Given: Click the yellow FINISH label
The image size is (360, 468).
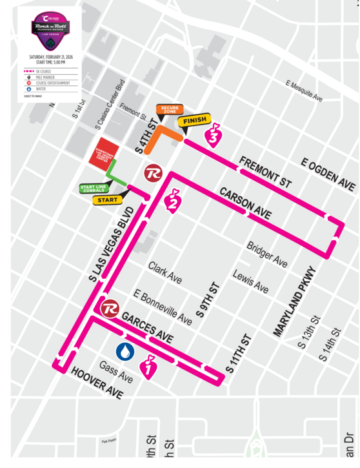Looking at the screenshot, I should click(195, 121).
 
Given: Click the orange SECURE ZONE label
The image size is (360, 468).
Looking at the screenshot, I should click(170, 110).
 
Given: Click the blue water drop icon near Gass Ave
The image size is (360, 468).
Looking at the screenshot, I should click(125, 351).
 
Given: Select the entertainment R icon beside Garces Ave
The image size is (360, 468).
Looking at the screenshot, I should click(110, 308).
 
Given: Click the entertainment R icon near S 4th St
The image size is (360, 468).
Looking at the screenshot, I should click(153, 172).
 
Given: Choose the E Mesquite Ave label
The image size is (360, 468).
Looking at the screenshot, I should click(304, 91).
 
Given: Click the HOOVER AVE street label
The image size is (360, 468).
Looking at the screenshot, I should click(97, 383).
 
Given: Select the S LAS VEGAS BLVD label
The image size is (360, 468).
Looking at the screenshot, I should click(112, 245).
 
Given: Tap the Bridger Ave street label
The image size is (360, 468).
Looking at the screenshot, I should click(267, 254).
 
